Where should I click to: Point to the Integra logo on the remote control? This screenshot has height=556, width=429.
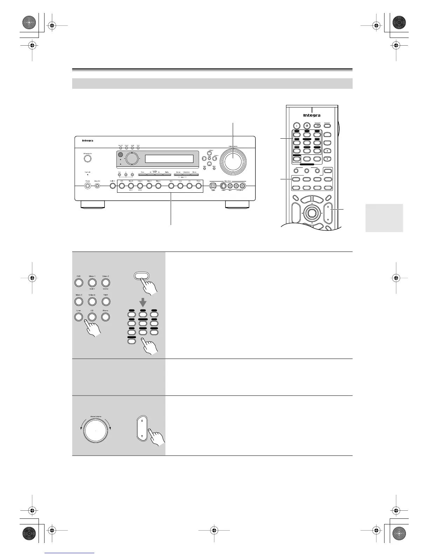[312, 115]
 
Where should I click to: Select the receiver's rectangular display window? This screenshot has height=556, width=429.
[169, 159]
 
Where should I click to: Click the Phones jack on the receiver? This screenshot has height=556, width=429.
[87, 186]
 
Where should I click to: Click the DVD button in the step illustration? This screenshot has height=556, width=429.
[79, 282]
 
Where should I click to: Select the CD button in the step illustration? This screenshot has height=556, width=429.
[92, 317]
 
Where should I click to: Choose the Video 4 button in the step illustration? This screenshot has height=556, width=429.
[92, 301]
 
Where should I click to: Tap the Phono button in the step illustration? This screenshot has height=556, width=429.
[105, 317]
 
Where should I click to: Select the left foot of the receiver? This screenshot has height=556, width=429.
[92, 205]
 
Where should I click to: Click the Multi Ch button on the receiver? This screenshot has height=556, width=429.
[113, 186]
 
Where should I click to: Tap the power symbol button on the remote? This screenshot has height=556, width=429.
[307, 126]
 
